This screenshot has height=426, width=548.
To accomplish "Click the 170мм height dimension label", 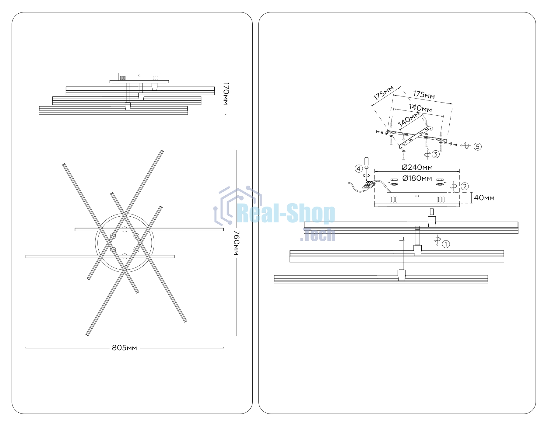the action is click(x=226, y=93).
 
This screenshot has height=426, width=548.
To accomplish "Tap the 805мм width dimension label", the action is click(x=125, y=348).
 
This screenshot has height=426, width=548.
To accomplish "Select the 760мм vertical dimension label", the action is click(x=237, y=243).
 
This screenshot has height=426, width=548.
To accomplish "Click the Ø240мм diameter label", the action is click(x=417, y=167).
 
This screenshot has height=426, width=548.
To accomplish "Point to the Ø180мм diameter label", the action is click(x=417, y=178).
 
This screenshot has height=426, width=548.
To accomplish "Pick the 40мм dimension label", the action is click(x=484, y=198).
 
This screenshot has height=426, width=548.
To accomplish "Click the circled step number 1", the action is click(x=446, y=244).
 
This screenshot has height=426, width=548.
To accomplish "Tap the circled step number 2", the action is click(x=465, y=186).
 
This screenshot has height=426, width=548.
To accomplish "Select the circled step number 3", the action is click(x=436, y=154).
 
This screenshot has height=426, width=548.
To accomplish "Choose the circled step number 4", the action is click(x=359, y=169).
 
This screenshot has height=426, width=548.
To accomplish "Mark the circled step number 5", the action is click(x=478, y=147).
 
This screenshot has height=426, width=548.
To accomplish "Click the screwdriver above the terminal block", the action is click(x=367, y=169).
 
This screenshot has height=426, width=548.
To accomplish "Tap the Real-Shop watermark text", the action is click(x=286, y=214).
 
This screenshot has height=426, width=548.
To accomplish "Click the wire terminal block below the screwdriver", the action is click(x=368, y=185).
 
